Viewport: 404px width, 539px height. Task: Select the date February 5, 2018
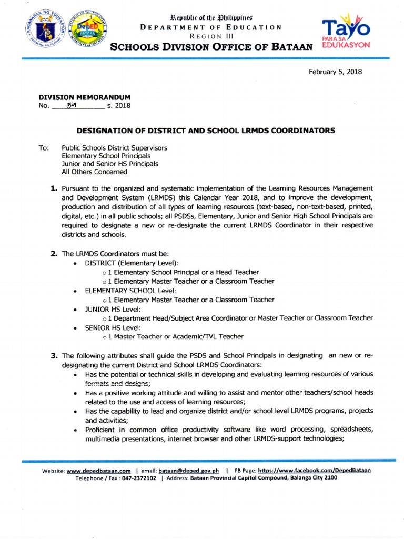(x=335, y=72)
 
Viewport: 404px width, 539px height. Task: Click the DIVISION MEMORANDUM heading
(x=85, y=97)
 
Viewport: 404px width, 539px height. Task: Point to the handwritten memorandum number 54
(x=72, y=106)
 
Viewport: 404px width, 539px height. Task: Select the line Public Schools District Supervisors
(x=114, y=148)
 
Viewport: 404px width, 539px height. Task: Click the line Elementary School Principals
(x=106, y=156)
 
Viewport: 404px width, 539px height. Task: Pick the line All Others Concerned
(x=94, y=172)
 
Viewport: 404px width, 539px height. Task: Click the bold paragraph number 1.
(x=54, y=188)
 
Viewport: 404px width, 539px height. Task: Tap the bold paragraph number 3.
(x=54, y=356)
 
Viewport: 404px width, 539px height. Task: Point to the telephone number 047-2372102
(x=138, y=478)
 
